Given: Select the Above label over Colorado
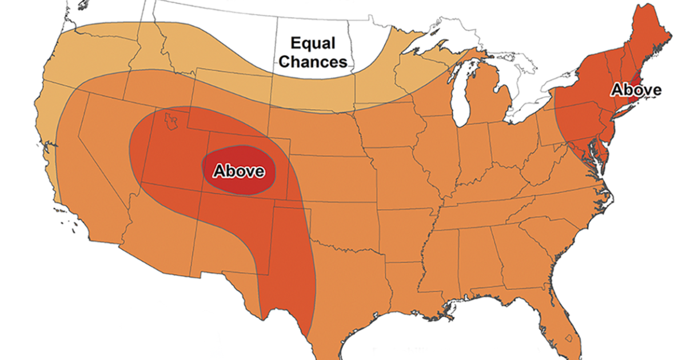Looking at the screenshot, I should tap(238, 171).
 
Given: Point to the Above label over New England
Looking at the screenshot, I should tap(636, 90).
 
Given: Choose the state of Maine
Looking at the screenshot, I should tap(657, 34).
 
